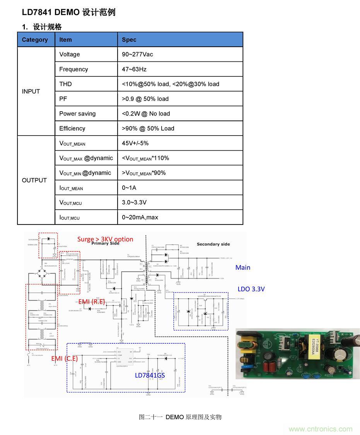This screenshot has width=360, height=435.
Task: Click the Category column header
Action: pos(35,40)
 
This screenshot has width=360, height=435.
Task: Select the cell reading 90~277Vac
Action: pos(137,54)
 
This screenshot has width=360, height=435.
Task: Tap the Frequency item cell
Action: pos(73,69)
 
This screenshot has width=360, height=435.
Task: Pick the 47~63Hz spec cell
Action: pos(134,69)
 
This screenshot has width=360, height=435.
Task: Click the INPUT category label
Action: pos(31,92)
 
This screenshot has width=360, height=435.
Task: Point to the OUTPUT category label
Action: pos(34,180)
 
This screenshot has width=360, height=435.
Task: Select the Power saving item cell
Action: pos(77,114)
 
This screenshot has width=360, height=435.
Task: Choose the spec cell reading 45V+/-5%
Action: pos(135,143)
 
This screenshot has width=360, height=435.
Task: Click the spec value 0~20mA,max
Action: pos(140,217)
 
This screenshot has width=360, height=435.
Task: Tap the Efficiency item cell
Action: pos(72,128)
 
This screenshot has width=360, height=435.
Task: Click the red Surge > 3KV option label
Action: pos(105,239)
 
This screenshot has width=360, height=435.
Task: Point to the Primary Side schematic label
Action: pos(106,244)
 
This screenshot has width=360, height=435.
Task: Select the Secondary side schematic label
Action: pos(213,244)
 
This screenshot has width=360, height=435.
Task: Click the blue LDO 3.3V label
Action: pos(251,289)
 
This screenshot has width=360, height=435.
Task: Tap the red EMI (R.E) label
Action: pos(92,301)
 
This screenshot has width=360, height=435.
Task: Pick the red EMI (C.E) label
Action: pos(65,359)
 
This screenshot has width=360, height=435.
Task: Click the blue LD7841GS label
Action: pos(150,375)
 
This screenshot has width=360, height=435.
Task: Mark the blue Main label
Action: pos(243,267)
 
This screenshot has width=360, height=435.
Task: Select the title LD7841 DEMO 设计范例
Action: pos(68,12)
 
